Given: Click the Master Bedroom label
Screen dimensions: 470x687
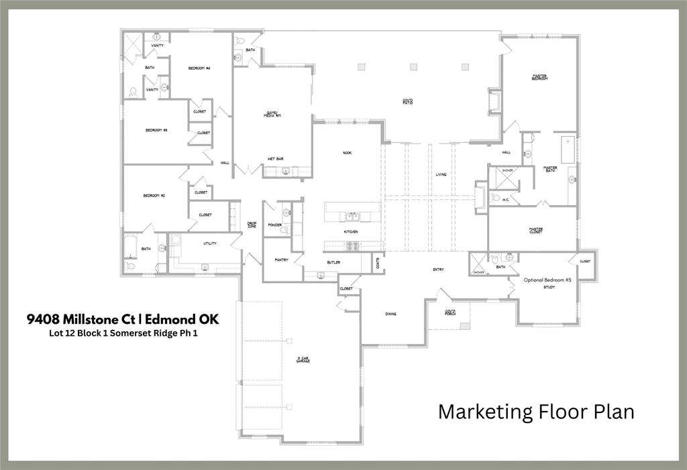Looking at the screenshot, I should coord(540,78).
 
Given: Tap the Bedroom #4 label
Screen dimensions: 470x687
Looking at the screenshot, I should coord(199,68).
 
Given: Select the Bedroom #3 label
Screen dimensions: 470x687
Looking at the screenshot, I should coord(156,130).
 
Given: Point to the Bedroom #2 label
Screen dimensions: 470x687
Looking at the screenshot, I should coord(154,195).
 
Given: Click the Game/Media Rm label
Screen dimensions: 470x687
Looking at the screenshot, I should coord(272,115).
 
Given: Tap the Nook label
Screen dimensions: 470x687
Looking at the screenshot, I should coord(347,153).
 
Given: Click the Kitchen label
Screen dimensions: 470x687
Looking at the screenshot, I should coord(351,232).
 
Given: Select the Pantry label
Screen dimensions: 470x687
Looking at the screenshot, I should coord(281,259).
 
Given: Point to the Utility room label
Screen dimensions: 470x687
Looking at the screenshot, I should coord(209,243).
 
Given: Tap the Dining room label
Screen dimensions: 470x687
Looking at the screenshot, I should coord(392,314).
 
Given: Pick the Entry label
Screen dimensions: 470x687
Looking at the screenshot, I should coord(438,270).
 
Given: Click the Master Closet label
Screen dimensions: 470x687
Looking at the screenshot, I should coord(535,230).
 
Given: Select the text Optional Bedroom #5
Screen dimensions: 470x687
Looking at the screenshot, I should coord(547,280).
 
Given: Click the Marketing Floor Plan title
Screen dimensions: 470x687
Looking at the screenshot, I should coord(536,411).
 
